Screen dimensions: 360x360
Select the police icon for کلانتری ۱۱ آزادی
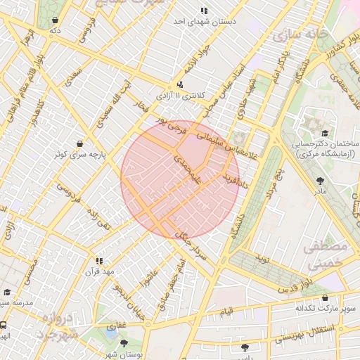(181, 84)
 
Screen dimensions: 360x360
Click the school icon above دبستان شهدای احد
(204, 11)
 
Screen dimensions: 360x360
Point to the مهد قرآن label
(99, 271)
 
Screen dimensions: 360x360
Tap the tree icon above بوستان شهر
(124, 343)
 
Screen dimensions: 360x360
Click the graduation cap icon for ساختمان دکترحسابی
(324, 133)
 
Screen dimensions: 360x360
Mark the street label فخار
(144, 107)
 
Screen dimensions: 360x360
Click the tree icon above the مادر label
(321, 181)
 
